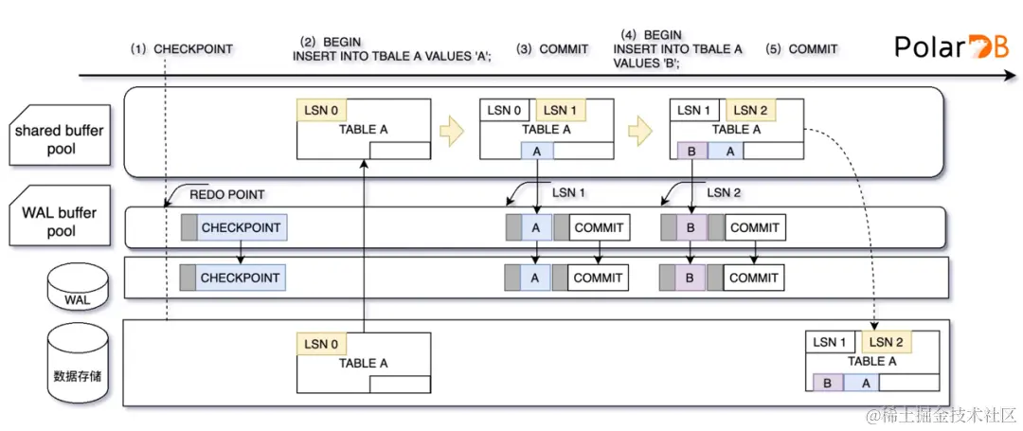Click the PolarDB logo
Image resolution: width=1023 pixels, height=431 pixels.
(x=952, y=47)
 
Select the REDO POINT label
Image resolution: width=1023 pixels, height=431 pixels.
(x=227, y=194)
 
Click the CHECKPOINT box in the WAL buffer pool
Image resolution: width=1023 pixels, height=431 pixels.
(x=241, y=227)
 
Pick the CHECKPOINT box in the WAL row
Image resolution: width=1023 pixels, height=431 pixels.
(x=241, y=278)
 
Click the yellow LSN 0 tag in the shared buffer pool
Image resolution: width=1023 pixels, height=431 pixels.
(x=321, y=111)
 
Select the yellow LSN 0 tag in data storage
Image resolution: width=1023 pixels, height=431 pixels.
(x=321, y=343)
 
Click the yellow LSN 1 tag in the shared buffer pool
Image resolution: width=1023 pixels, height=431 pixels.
(x=562, y=111)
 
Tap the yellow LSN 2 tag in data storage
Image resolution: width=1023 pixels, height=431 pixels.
(x=888, y=342)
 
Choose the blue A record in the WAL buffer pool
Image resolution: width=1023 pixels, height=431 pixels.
(x=536, y=227)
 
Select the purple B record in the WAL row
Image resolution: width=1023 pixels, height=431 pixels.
(x=689, y=278)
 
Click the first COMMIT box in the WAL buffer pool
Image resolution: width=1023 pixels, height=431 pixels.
(x=598, y=227)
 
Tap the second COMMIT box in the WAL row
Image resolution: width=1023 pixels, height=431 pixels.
(x=754, y=278)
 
